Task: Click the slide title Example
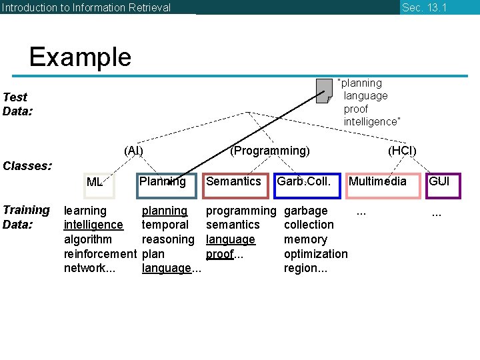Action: click(80, 57)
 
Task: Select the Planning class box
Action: click(167, 185)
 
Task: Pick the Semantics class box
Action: click(235, 185)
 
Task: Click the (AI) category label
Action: click(133, 151)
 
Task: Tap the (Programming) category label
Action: click(269, 151)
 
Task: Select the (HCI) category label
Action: click(402, 151)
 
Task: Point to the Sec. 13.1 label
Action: click(424, 7)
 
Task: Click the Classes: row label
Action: click(27, 165)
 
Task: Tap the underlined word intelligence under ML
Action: click(93, 225)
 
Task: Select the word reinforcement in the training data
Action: click(99, 254)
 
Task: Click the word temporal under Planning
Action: click(165, 225)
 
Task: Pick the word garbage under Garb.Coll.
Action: click(305, 211)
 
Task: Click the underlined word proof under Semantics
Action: click(219, 254)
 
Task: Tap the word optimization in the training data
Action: click(315, 254)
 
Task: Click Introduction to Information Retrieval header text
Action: click(86, 7)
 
